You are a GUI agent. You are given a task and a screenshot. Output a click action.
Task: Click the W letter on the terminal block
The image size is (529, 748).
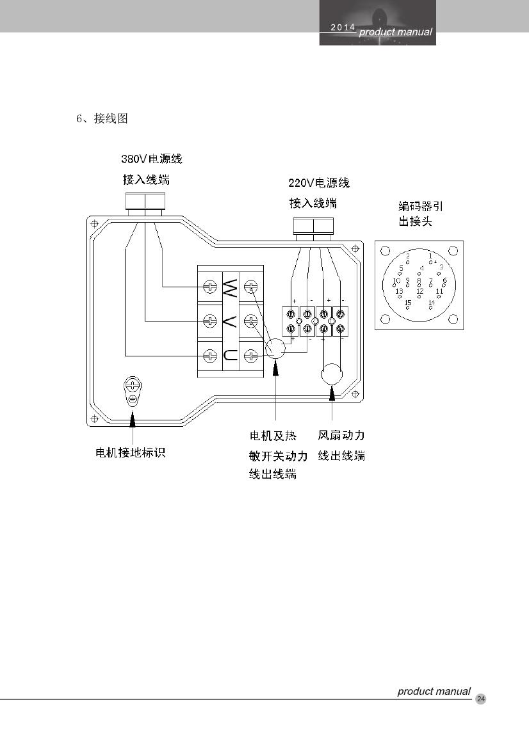tap(231, 286)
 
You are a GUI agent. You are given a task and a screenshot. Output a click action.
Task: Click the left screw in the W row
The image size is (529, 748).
tap(209, 286)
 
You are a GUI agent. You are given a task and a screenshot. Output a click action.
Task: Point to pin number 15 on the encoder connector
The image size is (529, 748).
tap(407, 306)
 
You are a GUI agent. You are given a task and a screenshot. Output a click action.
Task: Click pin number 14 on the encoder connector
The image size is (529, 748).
tap(431, 306)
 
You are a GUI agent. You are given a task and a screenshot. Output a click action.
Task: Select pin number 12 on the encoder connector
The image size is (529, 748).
tap(419, 295)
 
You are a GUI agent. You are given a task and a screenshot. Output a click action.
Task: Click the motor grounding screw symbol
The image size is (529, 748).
tap(133, 386)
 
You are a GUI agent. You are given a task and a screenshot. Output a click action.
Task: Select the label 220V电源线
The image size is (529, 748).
tap(319, 184)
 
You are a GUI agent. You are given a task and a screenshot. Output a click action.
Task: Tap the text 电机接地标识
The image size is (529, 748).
tap(131, 453)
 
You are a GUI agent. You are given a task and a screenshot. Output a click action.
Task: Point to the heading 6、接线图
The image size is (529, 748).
tap(102, 119)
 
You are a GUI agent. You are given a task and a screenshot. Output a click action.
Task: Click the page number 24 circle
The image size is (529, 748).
tap(481, 699)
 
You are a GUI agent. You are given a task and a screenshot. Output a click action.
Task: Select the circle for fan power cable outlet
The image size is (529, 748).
tap(332, 374)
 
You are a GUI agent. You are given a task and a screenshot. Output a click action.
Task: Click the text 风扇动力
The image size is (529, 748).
tap(341, 436)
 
